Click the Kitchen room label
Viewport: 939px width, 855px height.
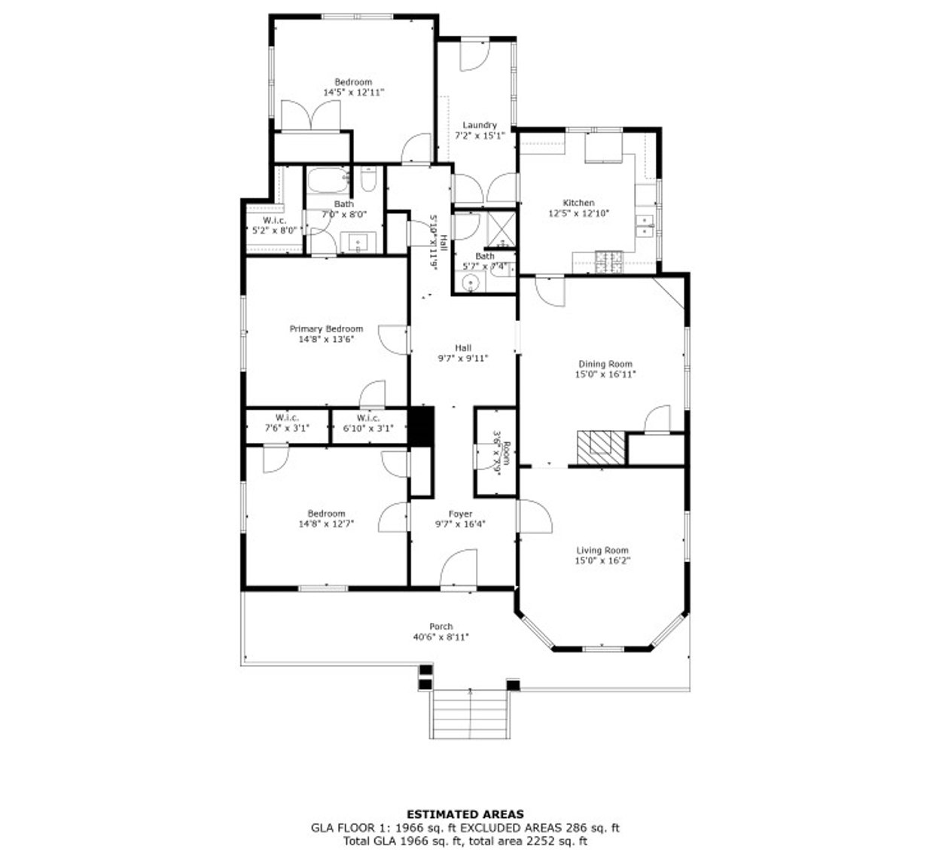click(x=578, y=203)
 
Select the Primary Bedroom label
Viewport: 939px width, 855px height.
click(x=326, y=328)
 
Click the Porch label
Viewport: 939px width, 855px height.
click(x=441, y=626)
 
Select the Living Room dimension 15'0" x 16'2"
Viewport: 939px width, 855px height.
click(x=602, y=560)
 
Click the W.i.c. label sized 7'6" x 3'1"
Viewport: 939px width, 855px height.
click(x=287, y=417)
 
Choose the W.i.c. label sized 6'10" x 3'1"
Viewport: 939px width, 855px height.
click(x=368, y=417)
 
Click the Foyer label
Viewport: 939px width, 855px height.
click(x=460, y=514)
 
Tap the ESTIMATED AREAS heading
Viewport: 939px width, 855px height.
click(x=465, y=814)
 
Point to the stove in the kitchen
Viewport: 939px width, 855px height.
click(x=610, y=261)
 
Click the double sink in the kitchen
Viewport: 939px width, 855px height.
click(x=645, y=224)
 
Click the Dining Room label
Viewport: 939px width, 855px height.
click(x=605, y=364)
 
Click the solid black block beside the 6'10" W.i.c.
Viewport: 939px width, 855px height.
click(x=422, y=427)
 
